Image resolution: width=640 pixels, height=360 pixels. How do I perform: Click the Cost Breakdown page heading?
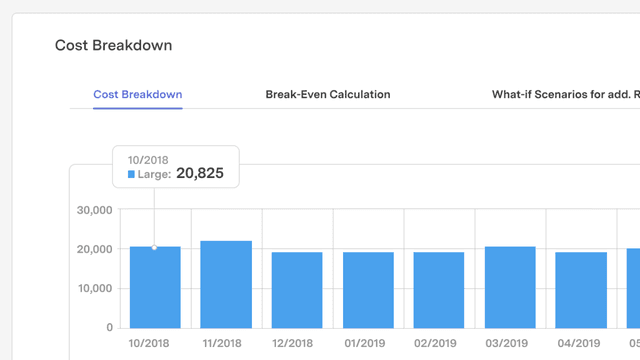pos(113,45)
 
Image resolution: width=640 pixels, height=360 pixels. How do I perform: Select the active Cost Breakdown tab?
pos(137,95)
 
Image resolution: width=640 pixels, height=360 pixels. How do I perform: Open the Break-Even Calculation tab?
pos(327,95)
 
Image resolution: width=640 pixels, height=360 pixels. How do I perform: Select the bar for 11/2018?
pos(226,285)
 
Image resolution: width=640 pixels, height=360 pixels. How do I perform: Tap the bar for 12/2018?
pos(297,290)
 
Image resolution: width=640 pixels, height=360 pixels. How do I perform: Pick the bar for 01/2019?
pos(368,290)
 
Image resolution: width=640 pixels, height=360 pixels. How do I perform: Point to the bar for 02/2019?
pos(439,290)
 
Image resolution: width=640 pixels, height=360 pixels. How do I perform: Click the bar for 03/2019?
pos(510,288)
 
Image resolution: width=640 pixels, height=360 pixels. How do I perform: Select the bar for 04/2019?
pos(581,290)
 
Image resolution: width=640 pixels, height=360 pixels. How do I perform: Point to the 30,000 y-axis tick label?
pos(95,210)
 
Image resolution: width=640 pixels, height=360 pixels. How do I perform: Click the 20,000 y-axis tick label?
pos(95,249)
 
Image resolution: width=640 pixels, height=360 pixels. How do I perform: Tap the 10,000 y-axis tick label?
pos(95,289)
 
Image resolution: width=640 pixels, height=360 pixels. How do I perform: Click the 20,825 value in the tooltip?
pos(200,173)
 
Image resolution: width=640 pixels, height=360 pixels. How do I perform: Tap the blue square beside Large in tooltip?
pos(131,174)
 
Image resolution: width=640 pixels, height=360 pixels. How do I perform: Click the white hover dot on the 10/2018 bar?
pos(154,247)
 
